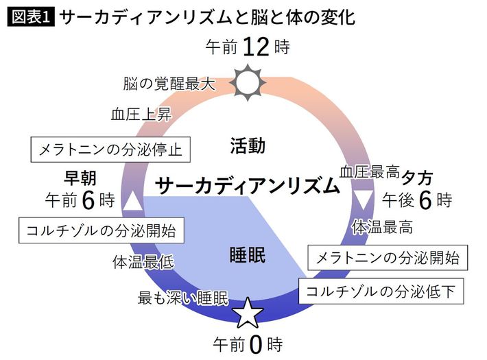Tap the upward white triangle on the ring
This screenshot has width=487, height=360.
133,201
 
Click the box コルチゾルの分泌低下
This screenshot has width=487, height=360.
381,291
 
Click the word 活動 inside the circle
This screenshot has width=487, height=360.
247,145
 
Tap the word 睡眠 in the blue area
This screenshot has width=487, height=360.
247,255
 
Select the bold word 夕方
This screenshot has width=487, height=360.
418,177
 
